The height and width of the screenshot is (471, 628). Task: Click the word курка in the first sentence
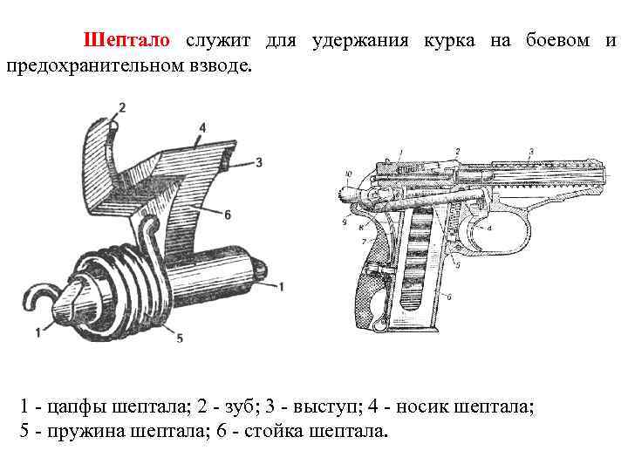point(451,41)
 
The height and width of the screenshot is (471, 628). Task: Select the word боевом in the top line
point(556,41)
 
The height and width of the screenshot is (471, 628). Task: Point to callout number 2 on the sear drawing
point(121,107)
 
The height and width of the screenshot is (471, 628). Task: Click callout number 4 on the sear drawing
point(202,127)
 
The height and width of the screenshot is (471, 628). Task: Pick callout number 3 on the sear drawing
point(259,161)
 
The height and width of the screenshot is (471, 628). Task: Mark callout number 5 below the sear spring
point(179,338)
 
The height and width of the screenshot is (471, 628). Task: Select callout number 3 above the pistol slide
point(531,152)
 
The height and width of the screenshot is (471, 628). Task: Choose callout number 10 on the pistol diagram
point(349,174)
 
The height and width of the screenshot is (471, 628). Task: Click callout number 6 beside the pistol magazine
point(448,297)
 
